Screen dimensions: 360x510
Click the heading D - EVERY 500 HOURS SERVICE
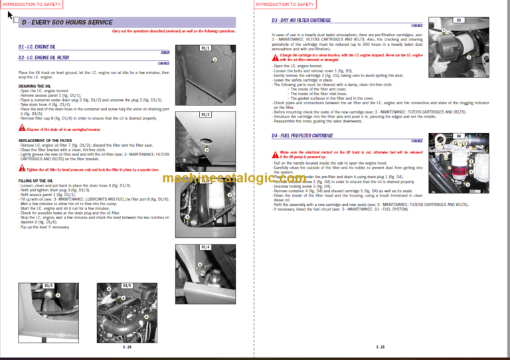[66, 23]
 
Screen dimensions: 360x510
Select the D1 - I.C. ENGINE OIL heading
[39, 47]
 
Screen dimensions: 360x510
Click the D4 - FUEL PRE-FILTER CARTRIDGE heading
[302, 135]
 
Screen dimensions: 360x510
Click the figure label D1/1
[206, 48]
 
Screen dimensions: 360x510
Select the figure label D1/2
[206, 115]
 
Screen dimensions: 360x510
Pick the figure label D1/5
[48, 285]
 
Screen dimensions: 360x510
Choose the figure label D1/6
[126, 285]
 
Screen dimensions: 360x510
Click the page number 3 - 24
[126, 347]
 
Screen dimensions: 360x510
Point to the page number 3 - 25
[380, 347]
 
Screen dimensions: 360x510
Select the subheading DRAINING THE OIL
[35, 86]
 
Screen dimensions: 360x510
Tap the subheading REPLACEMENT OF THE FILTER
[46, 141]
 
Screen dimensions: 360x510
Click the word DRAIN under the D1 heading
[165, 52]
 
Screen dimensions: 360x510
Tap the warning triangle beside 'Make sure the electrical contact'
[275, 152]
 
